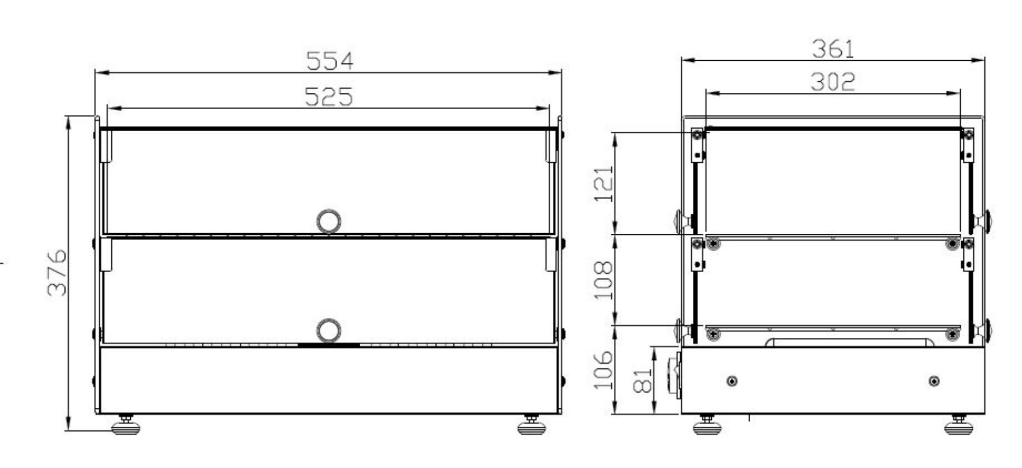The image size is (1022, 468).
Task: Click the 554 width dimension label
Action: pyautogui.click(x=330, y=61)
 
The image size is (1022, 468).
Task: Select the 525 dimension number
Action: pyautogui.click(x=329, y=96)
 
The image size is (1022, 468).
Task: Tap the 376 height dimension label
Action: pyautogui.click(x=57, y=273)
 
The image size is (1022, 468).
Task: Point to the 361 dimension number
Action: pyautogui.click(x=833, y=49)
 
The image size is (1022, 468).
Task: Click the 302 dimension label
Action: pyautogui.click(x=832, y=82)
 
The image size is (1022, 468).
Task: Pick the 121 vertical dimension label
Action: pyautogui.click(x=603, y=184)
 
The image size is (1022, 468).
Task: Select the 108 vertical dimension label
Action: pyautogui.click(x=603, y=280)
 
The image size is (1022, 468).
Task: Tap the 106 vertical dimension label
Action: pyautogui.click(x=603, y=370)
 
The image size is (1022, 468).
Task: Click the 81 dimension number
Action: pyautogui.click(x=642, y=380)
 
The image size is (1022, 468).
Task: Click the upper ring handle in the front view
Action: pyautogui.click(x=329, y=221)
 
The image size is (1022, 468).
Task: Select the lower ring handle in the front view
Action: pyautogui.click(x=329, y=331)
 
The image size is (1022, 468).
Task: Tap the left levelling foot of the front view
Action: pyautogui.click(x=125, y=426)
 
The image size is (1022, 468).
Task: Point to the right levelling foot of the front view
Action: pyautogui.click(x=531, y=426)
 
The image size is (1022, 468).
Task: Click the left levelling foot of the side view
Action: pyautogui.click(x=707, y=426)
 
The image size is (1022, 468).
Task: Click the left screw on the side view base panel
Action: pyautogui.click(x=732, y=381)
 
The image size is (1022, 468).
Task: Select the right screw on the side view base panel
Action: pyautogui.click(x=934, y=381)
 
